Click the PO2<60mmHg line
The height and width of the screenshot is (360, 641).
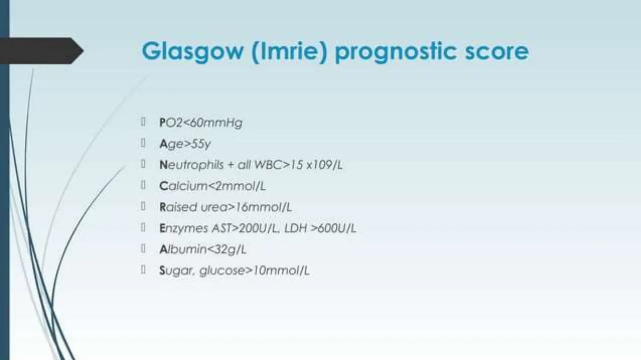201,123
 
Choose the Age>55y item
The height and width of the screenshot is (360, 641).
185,144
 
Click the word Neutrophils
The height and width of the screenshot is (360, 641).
192,165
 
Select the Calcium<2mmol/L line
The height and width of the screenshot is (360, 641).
213,186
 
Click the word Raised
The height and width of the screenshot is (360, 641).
178,207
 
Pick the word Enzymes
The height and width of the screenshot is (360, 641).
183,228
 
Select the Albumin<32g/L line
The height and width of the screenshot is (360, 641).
203,249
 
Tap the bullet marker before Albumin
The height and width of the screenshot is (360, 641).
143,249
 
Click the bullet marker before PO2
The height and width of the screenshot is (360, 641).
143,122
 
